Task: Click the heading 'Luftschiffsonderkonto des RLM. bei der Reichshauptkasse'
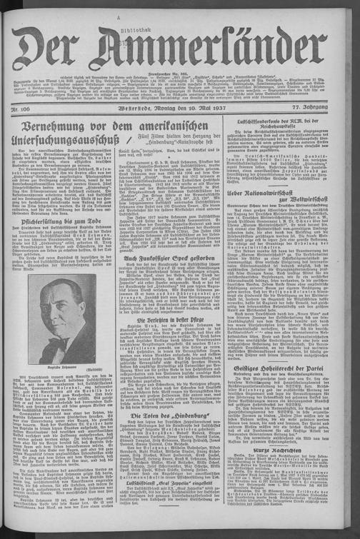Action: [x=296, y=126]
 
